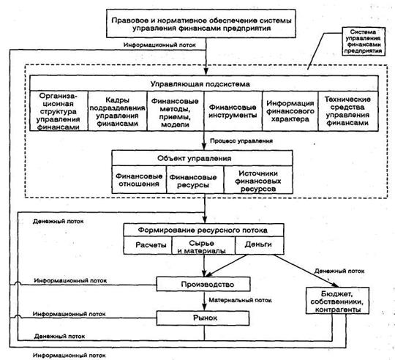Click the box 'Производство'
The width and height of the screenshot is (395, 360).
(x=203, y=284)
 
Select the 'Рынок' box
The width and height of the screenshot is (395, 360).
(x=203, y=318)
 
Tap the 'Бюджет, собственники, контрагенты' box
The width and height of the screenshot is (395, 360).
(x=337, y=301)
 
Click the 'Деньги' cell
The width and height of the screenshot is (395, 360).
(x=259, y=244)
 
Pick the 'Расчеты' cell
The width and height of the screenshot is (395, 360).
(x=148, y=245)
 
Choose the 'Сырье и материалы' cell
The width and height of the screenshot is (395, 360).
(x=203, y=245)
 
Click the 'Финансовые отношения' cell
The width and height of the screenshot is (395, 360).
(x=139, y=179)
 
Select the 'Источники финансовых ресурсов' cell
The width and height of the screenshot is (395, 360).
(x=258, y=179)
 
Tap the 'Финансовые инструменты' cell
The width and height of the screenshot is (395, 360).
(x=233, y=111)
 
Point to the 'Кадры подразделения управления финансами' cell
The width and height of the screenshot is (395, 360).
(x=118, y=111)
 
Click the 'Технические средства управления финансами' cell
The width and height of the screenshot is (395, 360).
(x=348, y=111)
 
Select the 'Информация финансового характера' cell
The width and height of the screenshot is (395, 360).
(x=290, y=111)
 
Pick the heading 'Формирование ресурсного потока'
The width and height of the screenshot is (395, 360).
(x=204, y=230)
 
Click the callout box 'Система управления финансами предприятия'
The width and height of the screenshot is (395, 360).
(x=364, y=42)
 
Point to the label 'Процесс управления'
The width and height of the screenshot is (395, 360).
(x=241, y=140)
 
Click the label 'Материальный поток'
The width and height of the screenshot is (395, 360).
(x=241, y=300)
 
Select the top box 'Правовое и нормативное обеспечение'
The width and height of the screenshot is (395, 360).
(x=201, y=23)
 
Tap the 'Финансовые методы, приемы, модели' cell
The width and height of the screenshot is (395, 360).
(x=176, y=111)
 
